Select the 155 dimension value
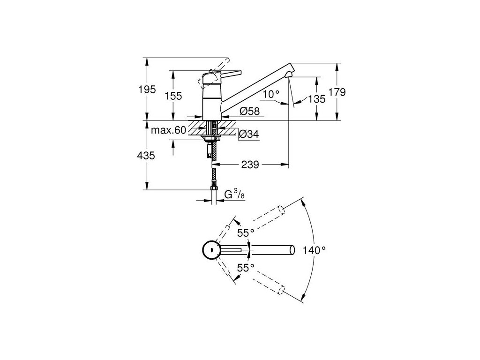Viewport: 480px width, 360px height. [173, 96]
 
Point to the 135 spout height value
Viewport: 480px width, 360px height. [316, 99]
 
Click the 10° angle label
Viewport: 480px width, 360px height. [271, 94]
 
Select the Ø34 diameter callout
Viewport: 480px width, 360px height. [249, 135]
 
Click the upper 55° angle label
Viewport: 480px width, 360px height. [245, 232]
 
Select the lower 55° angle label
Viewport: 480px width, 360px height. [245, 268]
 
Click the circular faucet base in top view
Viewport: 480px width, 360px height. [210, 250]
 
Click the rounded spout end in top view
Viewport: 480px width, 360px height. [292, 250]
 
